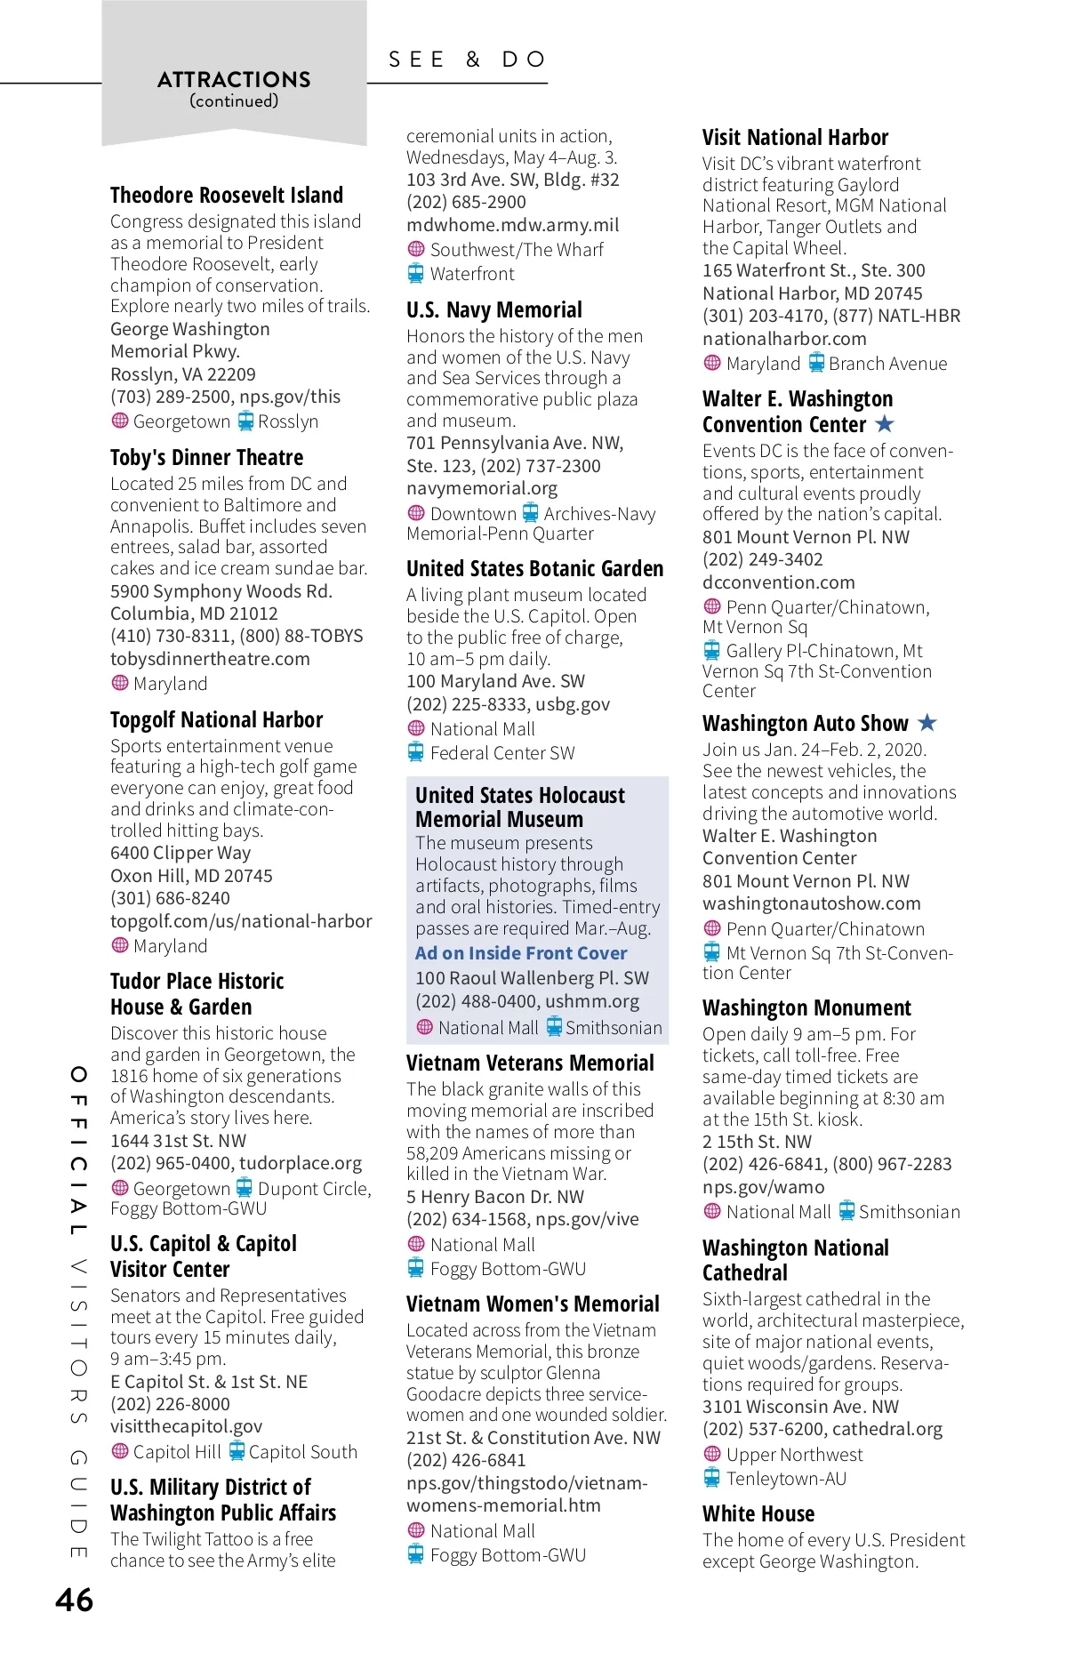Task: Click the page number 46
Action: (75, 1600)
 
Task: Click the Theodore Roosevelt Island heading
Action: (226, 195)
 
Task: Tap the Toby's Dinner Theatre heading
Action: (206, 457)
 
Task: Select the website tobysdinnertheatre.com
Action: (210, 659)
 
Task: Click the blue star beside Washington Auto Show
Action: (927, 722)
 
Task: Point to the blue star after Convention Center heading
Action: (885, 424)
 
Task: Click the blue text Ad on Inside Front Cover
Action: (521, 953)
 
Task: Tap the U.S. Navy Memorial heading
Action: (494, 309)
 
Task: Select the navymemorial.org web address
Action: (482, 488)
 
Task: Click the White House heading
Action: (758, 1513)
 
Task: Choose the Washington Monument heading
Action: (806, 1007)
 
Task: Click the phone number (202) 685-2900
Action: (466, 202)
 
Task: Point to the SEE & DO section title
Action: (468, 60)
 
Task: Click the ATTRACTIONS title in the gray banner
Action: (234, 80)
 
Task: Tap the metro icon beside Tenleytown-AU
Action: (712, 1478)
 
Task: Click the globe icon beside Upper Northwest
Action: (712, 1454)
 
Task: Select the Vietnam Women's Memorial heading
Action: (533, 1304)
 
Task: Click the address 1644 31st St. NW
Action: (178, 1141)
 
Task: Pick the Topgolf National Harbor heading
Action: (216, 719)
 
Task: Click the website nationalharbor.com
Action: (784, 339)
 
